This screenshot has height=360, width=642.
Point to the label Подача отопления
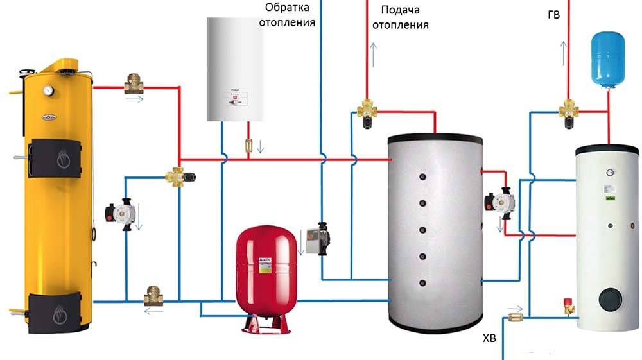pyautogui.click(x=404, y=18)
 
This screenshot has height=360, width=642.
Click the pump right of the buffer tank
pyautogui.click(x=499, y=200)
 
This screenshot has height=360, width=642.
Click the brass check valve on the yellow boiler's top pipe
pyautogui.click(x=134, y=83)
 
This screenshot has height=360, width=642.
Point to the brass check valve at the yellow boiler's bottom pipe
pyautogui.click(x=153, y=296)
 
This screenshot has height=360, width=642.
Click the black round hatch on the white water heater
pyautogui.click(x=609, y=300)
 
